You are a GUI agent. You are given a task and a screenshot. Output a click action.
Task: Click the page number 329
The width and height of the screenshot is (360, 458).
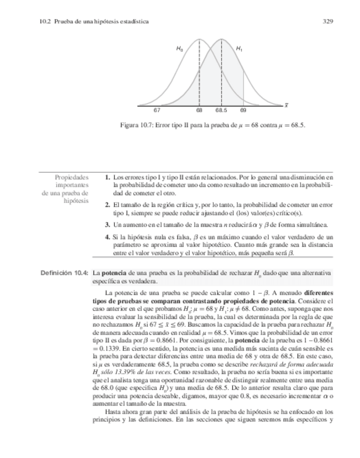pos(327,22)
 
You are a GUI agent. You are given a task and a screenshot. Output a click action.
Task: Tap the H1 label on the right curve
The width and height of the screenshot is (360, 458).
pos(239,49)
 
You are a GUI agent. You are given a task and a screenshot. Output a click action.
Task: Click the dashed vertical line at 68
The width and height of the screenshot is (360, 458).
pos(200,76)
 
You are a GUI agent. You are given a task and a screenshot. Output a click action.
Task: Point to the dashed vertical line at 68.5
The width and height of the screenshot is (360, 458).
pos(221,76)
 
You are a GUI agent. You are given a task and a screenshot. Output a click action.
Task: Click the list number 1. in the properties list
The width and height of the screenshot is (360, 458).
pos(108,177)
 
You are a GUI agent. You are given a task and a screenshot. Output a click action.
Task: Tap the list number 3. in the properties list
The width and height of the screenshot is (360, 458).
pos(108,224)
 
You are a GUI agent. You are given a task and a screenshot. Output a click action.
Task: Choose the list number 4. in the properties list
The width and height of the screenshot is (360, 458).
pos(108,238)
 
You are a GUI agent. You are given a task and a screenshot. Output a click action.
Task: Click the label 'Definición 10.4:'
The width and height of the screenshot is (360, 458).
pos(65,273)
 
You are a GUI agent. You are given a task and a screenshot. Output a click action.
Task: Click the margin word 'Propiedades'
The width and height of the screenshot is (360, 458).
pos(72,177)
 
